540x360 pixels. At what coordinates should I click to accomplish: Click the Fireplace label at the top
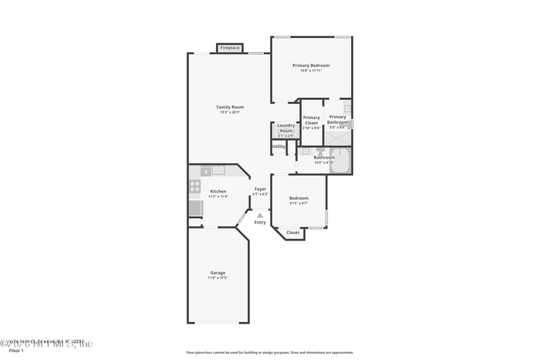[230, 48]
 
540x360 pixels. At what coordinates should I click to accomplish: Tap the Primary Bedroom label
[310, 66]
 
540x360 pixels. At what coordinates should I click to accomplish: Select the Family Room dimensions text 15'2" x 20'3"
[230, 112]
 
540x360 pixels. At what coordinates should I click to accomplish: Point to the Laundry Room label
[286, 128]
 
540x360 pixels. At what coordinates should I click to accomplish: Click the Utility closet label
[279, 147]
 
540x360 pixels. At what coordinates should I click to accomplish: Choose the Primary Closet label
[311, 120]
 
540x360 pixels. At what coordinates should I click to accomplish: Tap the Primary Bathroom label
[337, 120]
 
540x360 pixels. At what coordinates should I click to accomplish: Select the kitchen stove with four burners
[194, 186]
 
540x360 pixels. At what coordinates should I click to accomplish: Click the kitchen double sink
[218, 170]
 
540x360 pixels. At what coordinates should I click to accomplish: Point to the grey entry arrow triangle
[260, 215]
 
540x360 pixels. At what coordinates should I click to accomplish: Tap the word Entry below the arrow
[260, 222]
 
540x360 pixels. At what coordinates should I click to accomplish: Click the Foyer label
[260, 189]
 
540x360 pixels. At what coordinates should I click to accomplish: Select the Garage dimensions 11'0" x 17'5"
[217, 278]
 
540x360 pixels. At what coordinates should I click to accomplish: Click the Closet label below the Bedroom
[293, 232]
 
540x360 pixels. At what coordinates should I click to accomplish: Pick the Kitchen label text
[218, 191]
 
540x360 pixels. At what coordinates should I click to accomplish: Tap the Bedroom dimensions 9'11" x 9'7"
[298, 203]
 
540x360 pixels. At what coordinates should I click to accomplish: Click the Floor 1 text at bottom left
[16, 351]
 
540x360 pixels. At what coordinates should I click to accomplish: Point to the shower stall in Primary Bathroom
[337, 137]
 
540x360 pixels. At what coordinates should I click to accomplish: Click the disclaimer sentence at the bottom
[269, 353]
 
